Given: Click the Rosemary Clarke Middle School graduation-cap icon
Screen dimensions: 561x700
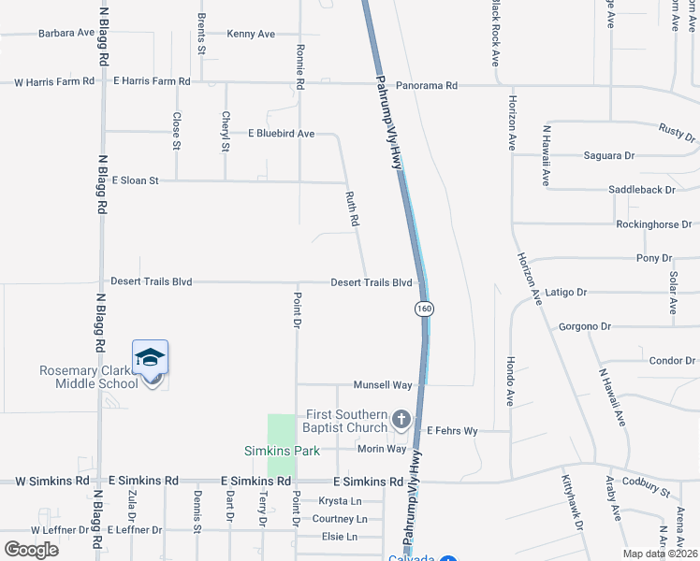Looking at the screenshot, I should click(150, 359).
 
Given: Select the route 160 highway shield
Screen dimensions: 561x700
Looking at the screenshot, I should click(424, 309).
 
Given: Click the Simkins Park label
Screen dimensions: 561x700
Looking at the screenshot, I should click(283, 451).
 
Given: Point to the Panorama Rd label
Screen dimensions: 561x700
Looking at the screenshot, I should click(425, 85).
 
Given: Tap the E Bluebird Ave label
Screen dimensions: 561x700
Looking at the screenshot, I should click(281, 134).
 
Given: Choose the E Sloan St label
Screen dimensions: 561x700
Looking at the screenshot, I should click(136, 180).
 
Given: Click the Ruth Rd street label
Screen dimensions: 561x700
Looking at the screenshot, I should click(353, 209).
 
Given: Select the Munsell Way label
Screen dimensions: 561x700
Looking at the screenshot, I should click(383, 385).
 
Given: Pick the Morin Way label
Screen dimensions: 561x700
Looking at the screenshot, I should click(382, 449).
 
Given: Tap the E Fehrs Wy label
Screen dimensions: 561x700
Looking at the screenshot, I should click(453, 431).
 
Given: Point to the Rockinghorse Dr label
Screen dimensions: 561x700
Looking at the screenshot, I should click(653, 224).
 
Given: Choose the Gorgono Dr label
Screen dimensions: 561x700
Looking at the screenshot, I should click(584, 327).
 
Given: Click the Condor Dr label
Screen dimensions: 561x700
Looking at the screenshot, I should click(672, 361).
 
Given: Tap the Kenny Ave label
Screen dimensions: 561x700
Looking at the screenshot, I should click(251, 34).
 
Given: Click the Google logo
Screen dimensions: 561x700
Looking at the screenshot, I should click(31, 549).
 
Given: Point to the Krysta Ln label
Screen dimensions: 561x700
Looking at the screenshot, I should click(339, 501).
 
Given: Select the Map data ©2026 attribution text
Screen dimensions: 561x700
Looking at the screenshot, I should click(660, 554).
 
